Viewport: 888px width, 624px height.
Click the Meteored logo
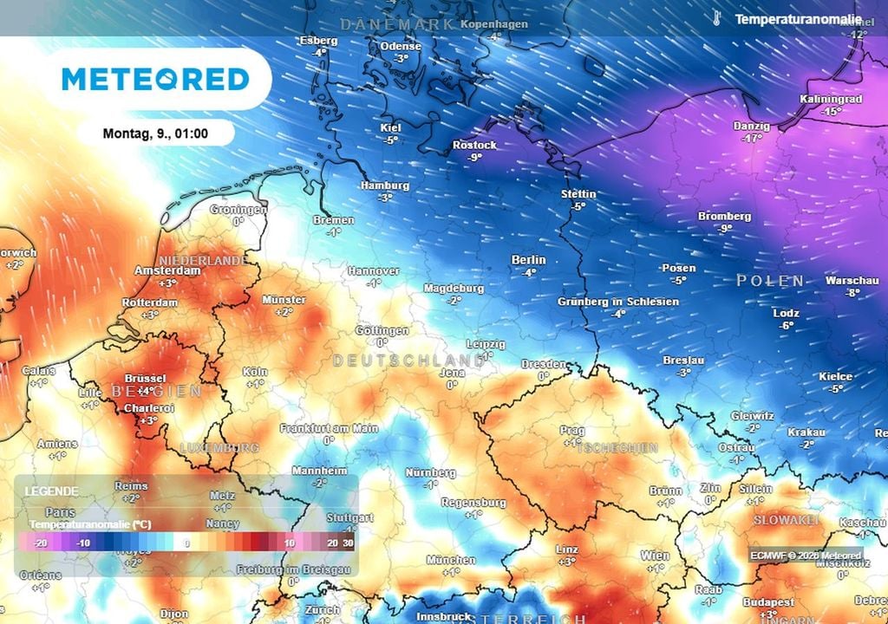(156, 79)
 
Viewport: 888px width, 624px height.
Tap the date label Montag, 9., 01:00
(155, 133)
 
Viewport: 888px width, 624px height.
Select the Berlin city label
(529, 259)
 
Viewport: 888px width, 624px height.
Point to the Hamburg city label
(385, 185)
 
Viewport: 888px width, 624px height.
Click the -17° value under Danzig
(751, 138)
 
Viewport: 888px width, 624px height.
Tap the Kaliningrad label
(832, 100)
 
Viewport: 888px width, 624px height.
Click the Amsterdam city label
(168, 270)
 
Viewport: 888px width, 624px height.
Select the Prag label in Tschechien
(571, 430)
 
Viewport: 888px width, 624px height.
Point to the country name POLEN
(770, 281)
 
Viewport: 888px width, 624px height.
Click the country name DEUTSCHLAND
(408, 360)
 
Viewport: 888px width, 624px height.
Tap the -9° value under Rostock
(474, 158)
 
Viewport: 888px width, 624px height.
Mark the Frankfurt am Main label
(329, 428)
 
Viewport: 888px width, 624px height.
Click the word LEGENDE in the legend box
(51, 491)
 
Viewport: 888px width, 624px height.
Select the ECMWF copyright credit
(806, 556)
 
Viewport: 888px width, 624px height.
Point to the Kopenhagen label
(494, 24)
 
